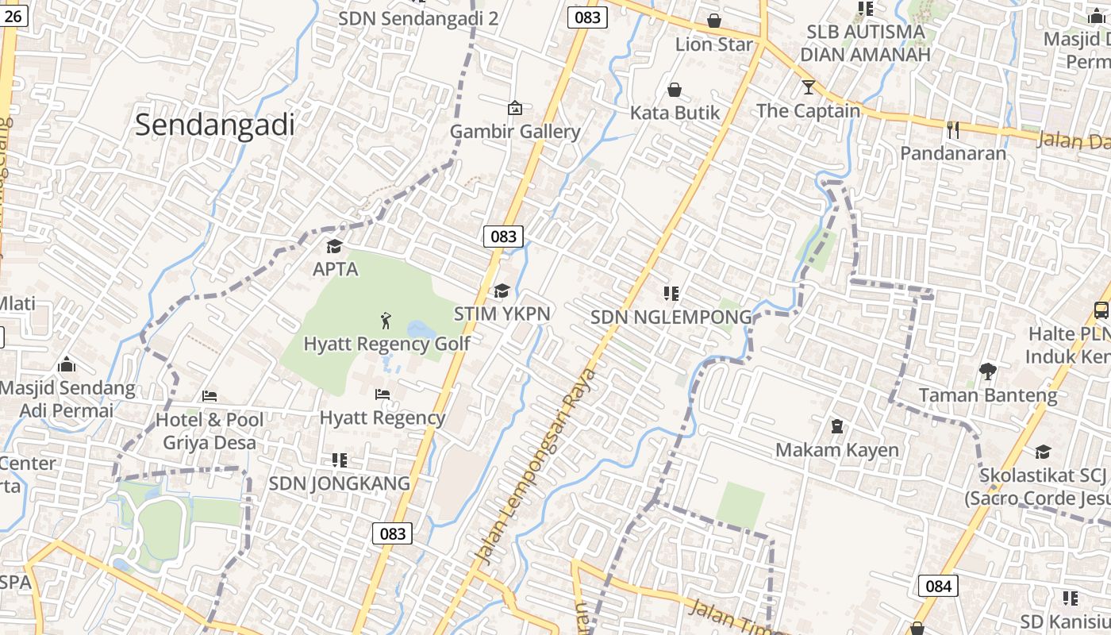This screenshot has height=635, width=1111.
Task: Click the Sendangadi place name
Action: pyautogui.click(x=214, y=125)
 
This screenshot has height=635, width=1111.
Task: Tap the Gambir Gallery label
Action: pyautogui.click(x=515, y=132)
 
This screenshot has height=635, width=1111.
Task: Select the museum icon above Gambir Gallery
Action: pyautogui.click(x=515, y=107)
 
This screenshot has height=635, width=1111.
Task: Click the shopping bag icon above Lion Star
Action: pyautogui.click(x=714, y=21)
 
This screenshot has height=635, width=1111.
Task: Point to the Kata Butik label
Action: pyautogui.click(x=675, y=113)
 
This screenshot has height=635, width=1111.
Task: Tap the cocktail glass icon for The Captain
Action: pyautogui.click(x=808, y=87)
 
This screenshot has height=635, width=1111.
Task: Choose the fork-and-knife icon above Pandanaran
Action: pyautogui.click(x=953, y=129)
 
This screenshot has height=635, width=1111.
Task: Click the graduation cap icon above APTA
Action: pyautogui.click(x=334, y=246)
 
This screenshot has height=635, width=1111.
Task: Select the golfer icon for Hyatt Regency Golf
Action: pyautogui.click(x=386, y=321)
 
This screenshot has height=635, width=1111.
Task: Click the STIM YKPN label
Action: pyautogui.click(x=502, y=314)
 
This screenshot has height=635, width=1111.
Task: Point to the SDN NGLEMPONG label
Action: pyautogui.click(x=671, y=317)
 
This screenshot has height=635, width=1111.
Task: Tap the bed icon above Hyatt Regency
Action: pyautogui.click(x=382, y=394)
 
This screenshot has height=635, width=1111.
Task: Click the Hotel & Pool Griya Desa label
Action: pyautogui.click(x=210, y=431)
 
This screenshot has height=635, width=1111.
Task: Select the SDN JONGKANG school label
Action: pyautogui.click(x=339, y=483)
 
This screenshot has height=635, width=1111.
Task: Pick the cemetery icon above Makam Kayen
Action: pyautogui.click(x=836, y=427)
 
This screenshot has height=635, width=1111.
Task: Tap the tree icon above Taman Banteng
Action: pyautogui.click(x=988, y=371)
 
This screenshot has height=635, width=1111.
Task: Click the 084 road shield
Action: pyautogui.click(x=938, y=587)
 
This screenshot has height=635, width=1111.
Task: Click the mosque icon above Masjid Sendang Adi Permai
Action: pyautogui.click(x=67, y=365)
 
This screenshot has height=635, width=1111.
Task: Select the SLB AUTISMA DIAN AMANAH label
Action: pyautogui.click(x=865, y=44)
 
